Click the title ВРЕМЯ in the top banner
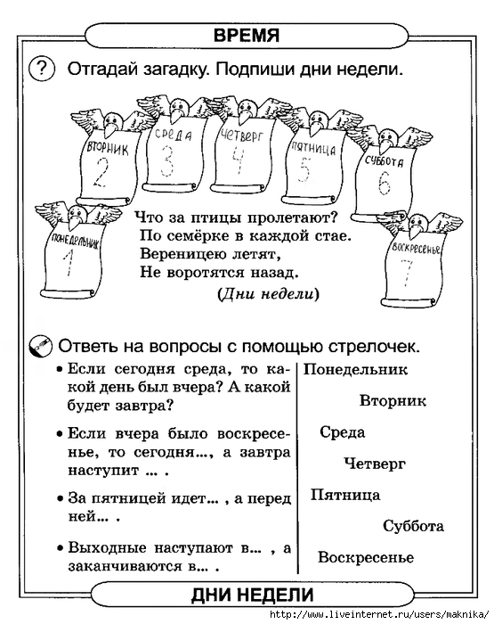pos(247,35)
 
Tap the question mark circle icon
pos(42,69)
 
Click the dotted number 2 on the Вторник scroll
pos(101,172)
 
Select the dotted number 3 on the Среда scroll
pos(167,161)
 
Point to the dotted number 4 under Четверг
pos(239,160)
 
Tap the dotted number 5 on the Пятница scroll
pos(304,168)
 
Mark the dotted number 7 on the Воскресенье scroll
pos(408,273)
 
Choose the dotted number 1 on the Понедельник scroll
pos(69,263)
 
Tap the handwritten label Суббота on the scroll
pos(384,161)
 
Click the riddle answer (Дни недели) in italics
pos(268,294)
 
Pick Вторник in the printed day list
pos(393,400)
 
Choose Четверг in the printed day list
pos(375,464)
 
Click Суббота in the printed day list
pos(413,526)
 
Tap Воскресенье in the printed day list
pos(366,557)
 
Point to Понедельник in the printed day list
pos(355,369)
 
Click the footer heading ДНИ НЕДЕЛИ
pos(252,595)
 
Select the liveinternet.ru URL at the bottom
pos(379,615)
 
